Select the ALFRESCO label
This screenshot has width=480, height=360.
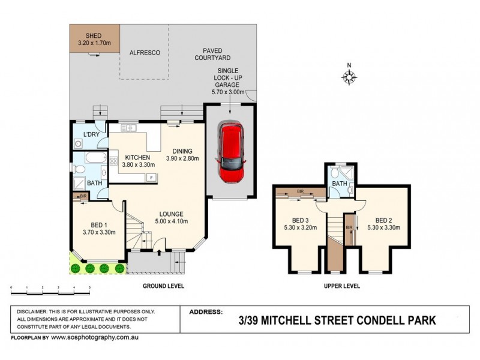point(145,53)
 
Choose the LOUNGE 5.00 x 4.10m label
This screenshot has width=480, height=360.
point(170,217)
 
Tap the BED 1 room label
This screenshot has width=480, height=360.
point(99,228)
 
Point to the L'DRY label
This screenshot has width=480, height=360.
point(91,134)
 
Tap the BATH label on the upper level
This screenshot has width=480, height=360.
point(340,183)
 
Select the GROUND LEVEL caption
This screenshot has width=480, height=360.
point(164,286)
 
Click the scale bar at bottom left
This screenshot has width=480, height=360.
point(50,290)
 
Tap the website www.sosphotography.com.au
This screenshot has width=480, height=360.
point(95,337)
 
